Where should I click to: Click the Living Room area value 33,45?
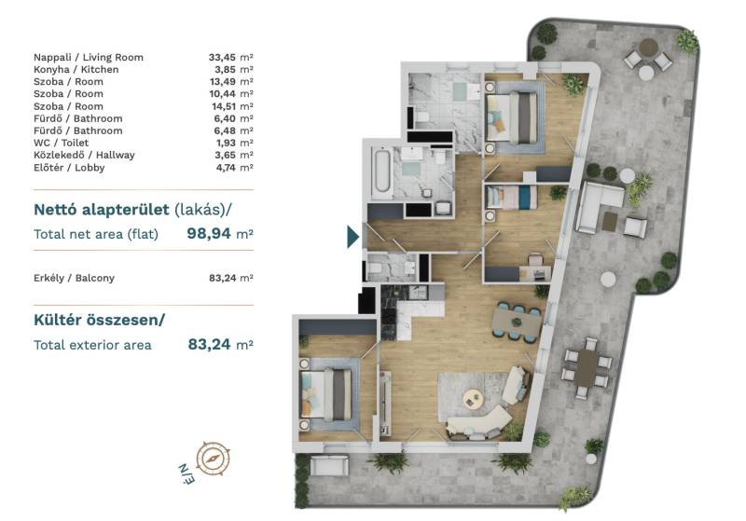pos(222,58)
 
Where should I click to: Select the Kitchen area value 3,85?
pos(225,69)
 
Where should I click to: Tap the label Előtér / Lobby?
pos(69,168)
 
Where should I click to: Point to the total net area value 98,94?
pos(209,233)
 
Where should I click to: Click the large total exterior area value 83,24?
pos(209,344)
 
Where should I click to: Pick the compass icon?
pos(213,459)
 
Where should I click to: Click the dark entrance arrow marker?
pos(352,237)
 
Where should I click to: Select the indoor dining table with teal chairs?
pos(517,323)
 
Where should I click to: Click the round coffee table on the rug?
pos(473,398)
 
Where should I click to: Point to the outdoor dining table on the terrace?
pos(587,368)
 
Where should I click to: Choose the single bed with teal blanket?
pos(512,198)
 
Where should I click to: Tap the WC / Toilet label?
pos(61,143)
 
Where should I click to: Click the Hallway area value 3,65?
pos(225,155)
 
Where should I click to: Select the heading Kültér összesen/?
pos(99,320)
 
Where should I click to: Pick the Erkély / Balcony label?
pos(74,278)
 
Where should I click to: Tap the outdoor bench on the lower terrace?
pos(329,465)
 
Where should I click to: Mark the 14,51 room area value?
pos(224,106)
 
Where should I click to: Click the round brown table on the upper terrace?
pos(648,47)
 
